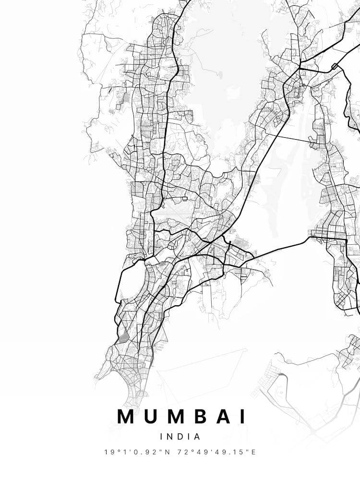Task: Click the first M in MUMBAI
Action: click(x=126, y=416)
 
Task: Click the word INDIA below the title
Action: click(x=180, y=437)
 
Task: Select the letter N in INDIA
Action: click(x=171, y=437)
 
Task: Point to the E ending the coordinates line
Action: click(x=253, y=452)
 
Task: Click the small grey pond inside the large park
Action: click(x=220, y=74)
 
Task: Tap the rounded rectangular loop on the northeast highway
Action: click(x=335, y=66)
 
